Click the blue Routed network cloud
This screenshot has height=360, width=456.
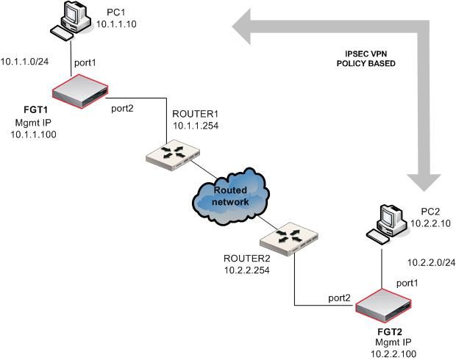click(x=230, y=195)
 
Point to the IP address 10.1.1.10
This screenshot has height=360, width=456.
click(x=117, y=24)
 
